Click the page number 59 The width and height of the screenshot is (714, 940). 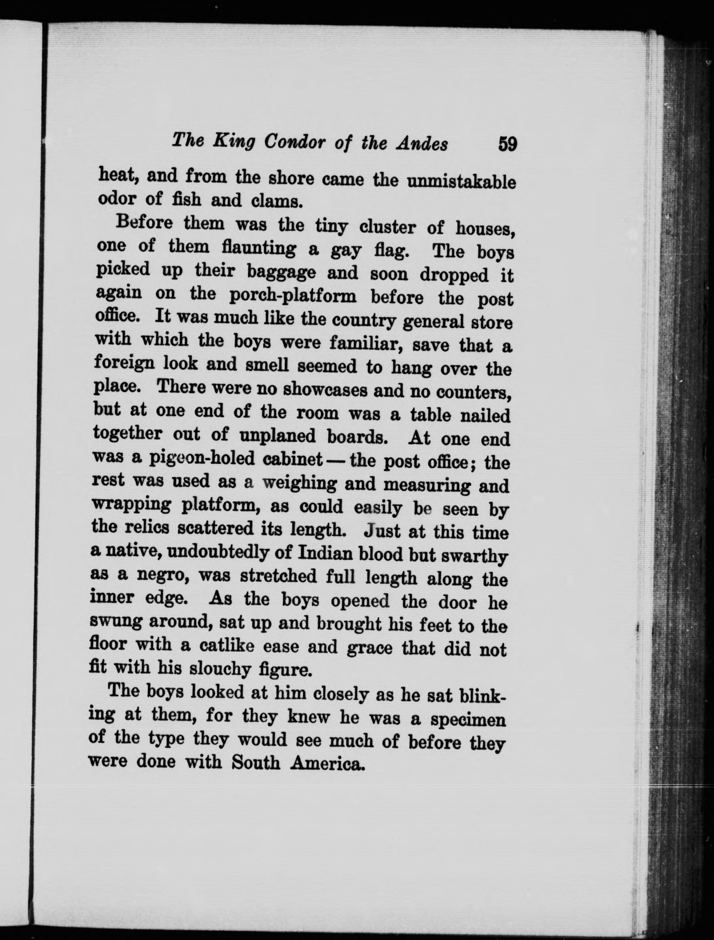[508, 144]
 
